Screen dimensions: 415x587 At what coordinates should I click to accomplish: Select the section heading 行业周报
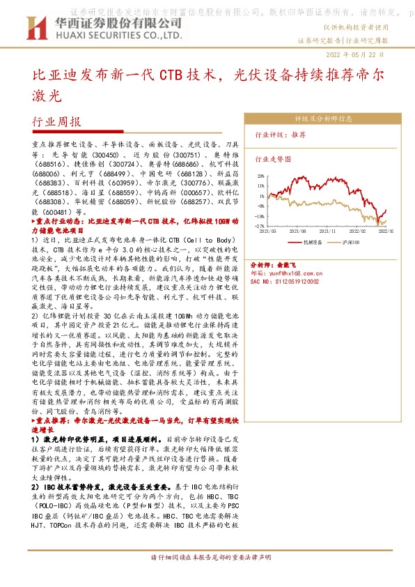click(56, 121)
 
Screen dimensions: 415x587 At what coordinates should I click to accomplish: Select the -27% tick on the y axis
click(259, 226)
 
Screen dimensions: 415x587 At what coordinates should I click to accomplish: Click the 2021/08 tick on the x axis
click(298, 230)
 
